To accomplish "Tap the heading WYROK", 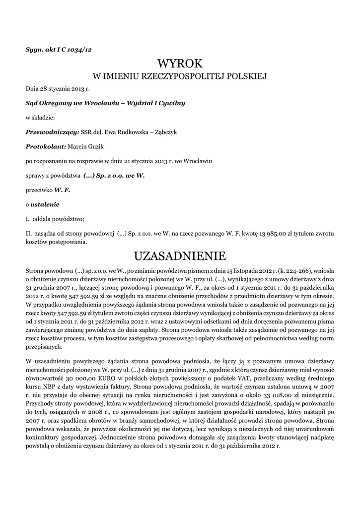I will click(x=180, y=64).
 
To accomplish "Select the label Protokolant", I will click(x=46, y=147).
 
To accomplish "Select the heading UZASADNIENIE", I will click(x=180, y=256).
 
